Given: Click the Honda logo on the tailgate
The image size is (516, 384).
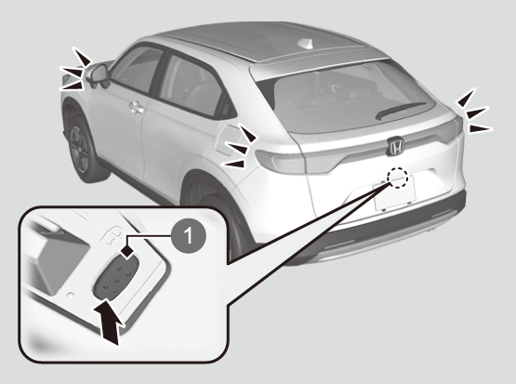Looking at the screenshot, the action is (x=395, y=146).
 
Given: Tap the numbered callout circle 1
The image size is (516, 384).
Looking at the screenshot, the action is (x=188, y=235).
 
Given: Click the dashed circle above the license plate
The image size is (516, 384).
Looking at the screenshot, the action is (x=397, y=178).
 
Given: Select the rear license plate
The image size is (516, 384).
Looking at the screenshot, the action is (x=395, y=193).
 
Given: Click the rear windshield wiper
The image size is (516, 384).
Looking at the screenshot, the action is (x=400, y=110).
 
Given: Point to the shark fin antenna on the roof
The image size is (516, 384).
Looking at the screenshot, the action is (x=305, y=44).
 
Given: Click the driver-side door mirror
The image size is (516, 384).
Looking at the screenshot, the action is (x=98, y=75).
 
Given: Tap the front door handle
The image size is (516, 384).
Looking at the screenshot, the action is (x=137, y=108).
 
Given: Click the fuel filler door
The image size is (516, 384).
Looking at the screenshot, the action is (x=227, y=139).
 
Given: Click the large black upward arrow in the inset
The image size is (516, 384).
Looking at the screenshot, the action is (x=108, y=320).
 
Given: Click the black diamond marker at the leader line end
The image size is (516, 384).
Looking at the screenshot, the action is (x=127, y=252).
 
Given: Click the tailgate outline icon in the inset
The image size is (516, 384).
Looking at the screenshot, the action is (x=112, y=234).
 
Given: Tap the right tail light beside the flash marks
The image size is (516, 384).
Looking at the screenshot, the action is (x=452, y=130).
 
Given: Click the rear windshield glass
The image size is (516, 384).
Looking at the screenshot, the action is (x=349, y=99).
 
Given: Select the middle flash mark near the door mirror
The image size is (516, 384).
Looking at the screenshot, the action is (x=71, y=72).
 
